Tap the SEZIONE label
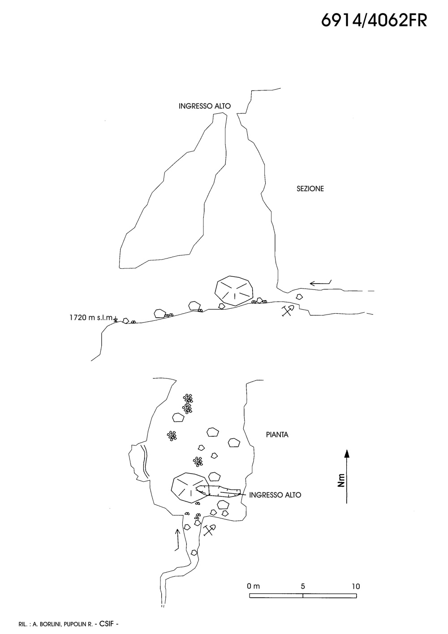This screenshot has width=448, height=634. click(x=310, y=189)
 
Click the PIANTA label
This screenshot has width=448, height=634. click(x=277, y=435)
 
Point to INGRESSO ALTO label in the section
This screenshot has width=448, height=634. click(x=205, y=107)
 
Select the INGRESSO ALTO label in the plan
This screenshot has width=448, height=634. click(x=275, y=495)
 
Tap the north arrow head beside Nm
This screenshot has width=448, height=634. click(x=346, y=453)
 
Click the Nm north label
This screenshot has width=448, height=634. click(x=341, y=480)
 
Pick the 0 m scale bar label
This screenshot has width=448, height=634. click(x=253, y=586)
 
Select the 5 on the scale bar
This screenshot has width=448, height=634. click(x=303, y=586)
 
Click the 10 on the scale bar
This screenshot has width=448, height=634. click(x=356, y=586)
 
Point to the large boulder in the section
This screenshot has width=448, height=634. click(x=234, y=291)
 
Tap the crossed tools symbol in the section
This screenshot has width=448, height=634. click(x=287, y=311)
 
